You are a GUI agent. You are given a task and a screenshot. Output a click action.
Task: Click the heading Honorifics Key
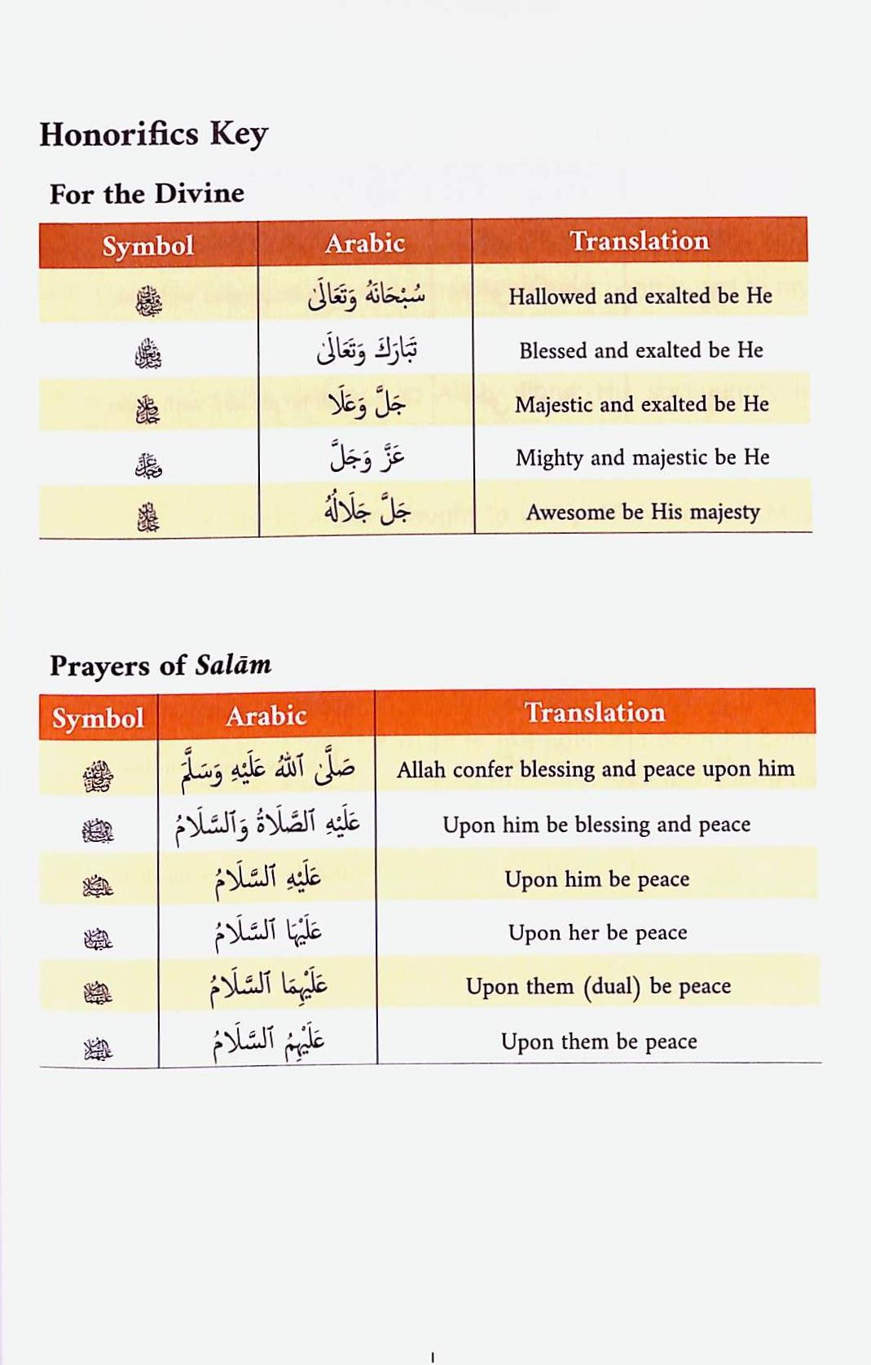153,134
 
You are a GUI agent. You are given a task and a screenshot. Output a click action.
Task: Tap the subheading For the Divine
147,194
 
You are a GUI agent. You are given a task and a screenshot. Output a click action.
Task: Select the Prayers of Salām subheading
161,666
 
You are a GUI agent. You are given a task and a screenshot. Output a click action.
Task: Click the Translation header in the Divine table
639,241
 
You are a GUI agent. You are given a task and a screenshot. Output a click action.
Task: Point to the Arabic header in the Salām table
266,716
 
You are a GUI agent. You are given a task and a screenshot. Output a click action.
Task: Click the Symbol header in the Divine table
147,246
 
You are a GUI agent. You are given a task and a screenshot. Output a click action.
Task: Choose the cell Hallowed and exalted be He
640,296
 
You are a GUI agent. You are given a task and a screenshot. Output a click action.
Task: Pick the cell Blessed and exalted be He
640,350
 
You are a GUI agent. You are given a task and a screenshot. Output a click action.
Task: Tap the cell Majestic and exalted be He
641,404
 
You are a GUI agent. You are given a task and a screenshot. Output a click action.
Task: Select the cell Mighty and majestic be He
642,458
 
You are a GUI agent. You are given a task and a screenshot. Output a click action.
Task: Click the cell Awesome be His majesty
642,512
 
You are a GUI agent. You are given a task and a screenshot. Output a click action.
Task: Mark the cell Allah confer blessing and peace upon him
596,769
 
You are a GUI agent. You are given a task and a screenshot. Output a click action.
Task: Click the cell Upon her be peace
597,932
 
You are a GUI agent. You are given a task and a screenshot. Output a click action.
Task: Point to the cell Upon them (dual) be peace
598,987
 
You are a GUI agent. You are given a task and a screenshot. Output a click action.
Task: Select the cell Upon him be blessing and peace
596,825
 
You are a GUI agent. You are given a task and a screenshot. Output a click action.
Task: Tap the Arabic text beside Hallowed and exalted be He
366,295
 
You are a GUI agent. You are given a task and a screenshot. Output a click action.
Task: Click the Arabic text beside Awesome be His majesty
367,510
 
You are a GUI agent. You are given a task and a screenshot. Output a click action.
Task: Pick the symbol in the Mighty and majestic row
148,465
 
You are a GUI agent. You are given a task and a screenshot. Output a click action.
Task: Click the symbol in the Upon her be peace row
98,940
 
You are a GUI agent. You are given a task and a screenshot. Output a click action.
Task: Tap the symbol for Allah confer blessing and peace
98,776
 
